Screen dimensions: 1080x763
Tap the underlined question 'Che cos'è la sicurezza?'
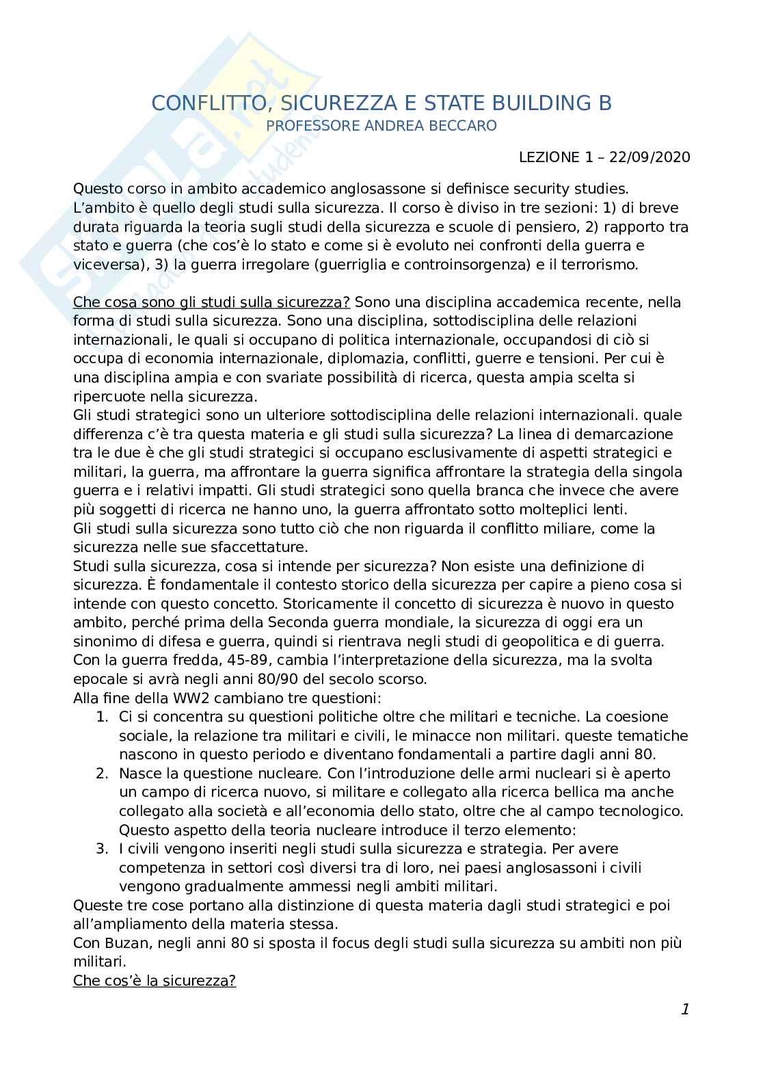[155, 981]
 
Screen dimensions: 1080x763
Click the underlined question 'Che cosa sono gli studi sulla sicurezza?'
[211, 302]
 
